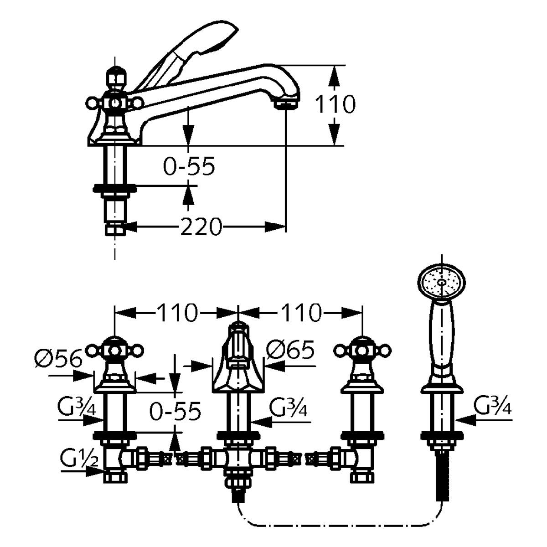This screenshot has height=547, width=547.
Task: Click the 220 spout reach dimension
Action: pyautogui.click(x=201, y=227)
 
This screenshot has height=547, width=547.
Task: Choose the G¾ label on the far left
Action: pyautogui.click(x=77, y=411)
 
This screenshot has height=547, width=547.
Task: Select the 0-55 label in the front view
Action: pyautogui.click(x=175, y=410)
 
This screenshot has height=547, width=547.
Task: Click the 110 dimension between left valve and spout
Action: pyautogui.click(x=176, y=312)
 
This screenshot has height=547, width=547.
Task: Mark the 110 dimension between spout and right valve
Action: pyautogui.click(x=301, y=312)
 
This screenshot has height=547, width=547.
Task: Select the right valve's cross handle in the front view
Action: pyautogui.click(x=362, y=351)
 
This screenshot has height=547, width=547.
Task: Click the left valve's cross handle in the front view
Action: pyautogui.click(x=114, y=351)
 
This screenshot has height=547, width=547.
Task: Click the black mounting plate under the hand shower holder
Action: pyautogui.click(x=442, y=434)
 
